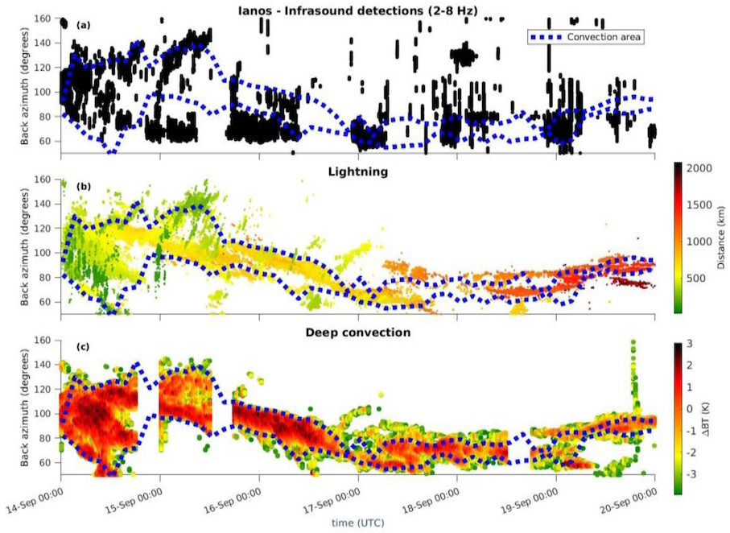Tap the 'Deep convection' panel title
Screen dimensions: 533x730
[357, 332]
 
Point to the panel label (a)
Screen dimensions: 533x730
[83, 26]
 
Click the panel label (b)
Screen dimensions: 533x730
[83, 187]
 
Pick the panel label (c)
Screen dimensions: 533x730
[83, 347]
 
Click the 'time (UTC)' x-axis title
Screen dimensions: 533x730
[357, 523]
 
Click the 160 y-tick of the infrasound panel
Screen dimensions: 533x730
[46, 19]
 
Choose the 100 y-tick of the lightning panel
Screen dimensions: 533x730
[46, 253]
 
